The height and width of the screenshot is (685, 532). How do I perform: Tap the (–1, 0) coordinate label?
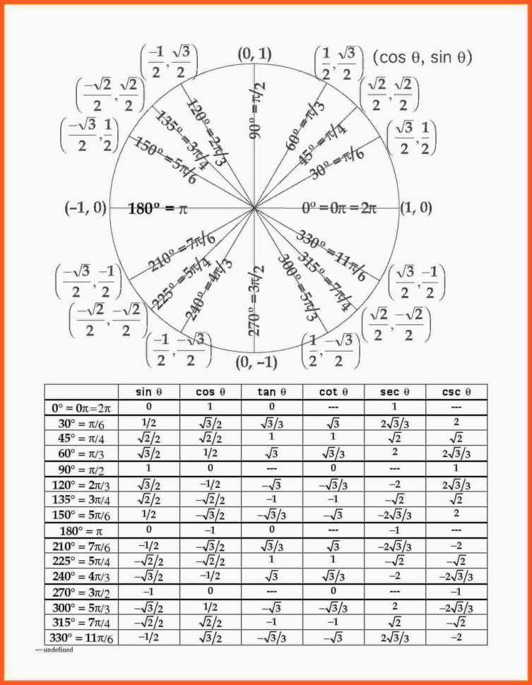click(85, 208)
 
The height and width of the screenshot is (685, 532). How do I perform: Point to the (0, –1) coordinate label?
click(256, 363)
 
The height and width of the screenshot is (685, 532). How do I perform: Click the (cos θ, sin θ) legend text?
click(422, 57)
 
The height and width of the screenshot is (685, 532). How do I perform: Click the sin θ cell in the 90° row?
click(149, 468)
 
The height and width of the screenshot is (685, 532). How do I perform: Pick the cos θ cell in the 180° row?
click(210, 530)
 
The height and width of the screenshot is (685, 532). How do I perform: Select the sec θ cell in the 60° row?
click(394, 452)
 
